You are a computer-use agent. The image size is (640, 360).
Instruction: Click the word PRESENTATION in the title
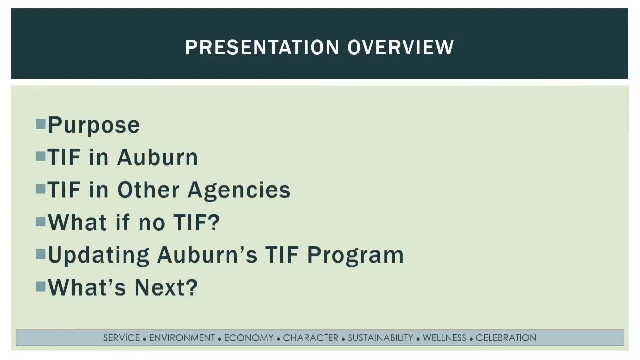(x=262, y=47)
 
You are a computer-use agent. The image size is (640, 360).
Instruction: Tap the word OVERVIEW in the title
(x=401, y=47)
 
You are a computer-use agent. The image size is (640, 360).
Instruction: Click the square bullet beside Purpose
(x=41, y=124)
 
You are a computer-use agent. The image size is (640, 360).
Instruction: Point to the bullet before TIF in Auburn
(x=41, y=156)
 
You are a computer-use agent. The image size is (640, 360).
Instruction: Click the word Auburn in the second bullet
(x=158, y=157)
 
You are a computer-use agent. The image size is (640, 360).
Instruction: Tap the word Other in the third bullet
(x=148, y=190)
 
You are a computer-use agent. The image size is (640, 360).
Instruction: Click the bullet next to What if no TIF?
(x=41, y=221)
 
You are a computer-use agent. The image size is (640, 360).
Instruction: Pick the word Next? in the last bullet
(x=166, y=287)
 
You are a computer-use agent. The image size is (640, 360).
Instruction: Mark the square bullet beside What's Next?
(x=41, y=286)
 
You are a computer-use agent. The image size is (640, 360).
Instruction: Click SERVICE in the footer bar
(x=122, y=338)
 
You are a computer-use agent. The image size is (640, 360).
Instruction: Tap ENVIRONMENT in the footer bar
(x=182, y=338)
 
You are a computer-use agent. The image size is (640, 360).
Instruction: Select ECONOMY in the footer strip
(x=249, y=338)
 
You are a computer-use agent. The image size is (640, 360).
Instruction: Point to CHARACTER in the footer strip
(x=311, y=338)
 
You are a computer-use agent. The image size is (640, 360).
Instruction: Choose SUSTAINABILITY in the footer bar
(x=380, y=338)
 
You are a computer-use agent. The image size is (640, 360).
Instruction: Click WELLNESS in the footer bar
(x=444, y=338)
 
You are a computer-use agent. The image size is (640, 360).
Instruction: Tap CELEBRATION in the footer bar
(x=506, y=338)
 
